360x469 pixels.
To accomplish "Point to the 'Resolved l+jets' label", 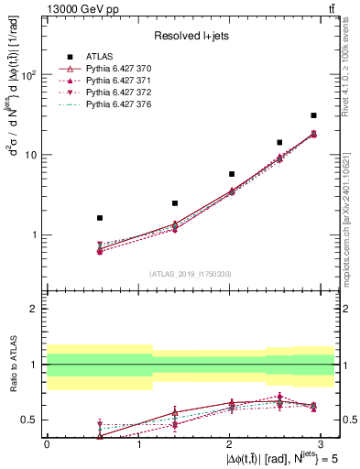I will click(191, 36).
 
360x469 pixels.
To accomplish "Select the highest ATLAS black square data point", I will click(313, 115).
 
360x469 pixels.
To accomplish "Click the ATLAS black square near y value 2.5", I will click(148, 203).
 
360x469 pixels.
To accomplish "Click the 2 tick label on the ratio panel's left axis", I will click(34, 309).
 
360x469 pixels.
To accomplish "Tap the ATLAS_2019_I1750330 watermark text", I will click(191, 274).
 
